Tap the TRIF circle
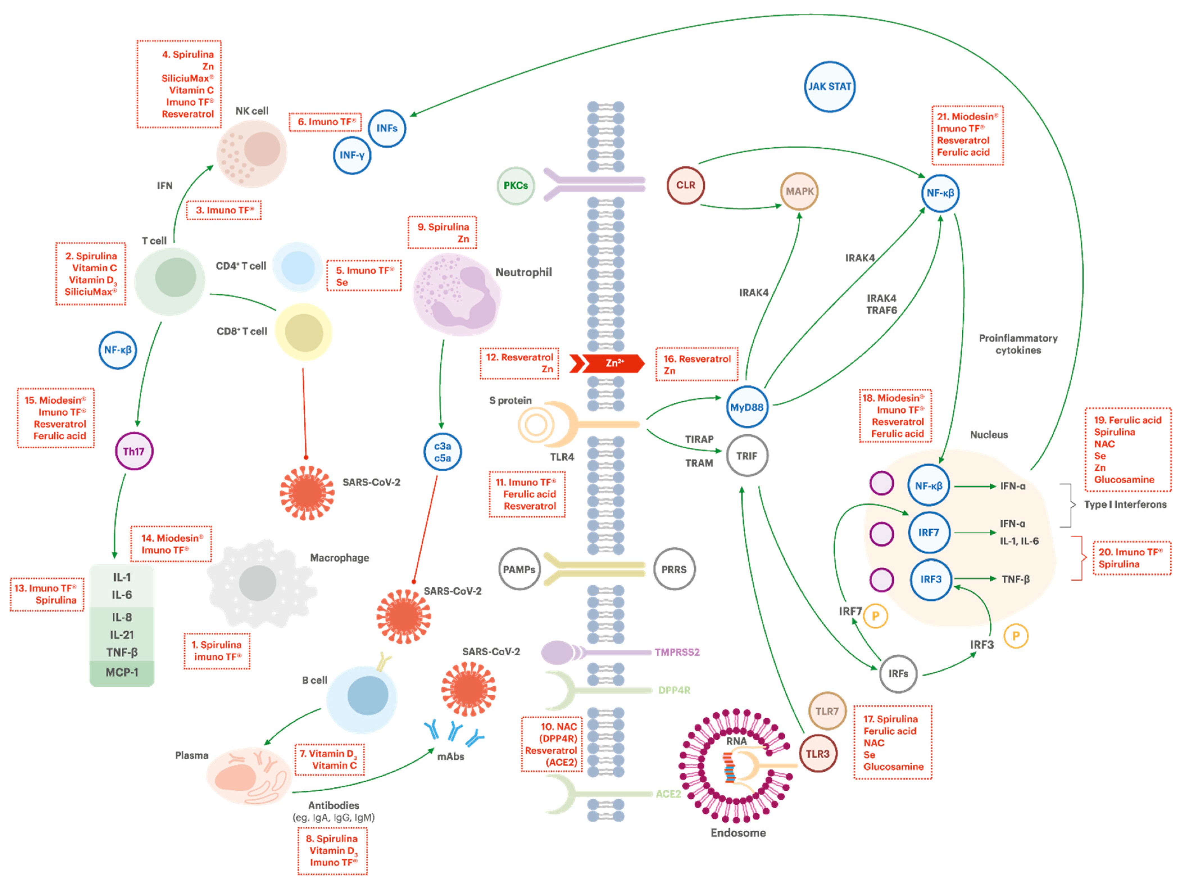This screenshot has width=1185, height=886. (747, 456)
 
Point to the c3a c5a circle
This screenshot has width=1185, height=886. (442, 452)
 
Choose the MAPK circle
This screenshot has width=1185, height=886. (799, 191)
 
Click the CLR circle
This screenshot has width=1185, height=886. (686, 185)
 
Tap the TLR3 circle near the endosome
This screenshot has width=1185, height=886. (818, 754)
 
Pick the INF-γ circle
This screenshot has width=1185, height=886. (352, 155)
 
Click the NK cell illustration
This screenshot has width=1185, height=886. (252, 153)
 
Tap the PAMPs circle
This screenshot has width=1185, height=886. (519, 569)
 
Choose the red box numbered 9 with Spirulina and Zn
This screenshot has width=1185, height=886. (442, 233)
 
